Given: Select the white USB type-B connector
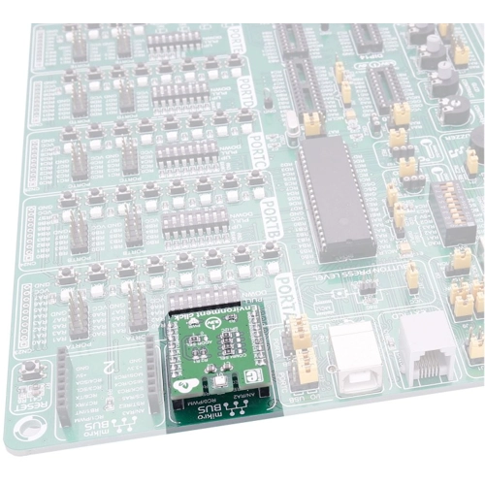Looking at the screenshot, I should point(355,354).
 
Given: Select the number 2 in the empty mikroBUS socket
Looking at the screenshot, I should point(109,368).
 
